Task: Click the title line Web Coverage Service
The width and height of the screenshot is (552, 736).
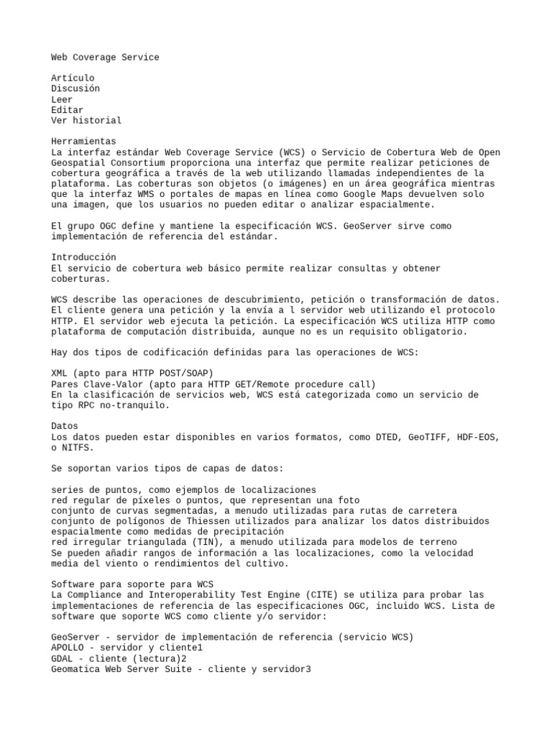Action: pos(105,57)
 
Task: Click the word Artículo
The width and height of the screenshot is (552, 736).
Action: pos(73,78)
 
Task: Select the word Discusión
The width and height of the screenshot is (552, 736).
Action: pos(75,88)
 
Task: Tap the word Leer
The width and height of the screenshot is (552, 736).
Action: pos(62,99)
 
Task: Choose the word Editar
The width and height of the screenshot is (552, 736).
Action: pos(68,110)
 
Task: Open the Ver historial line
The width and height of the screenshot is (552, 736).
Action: pos(86,120)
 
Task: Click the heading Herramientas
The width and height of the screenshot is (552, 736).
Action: pos(83,142)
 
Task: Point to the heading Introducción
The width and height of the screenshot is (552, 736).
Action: pos(83,257)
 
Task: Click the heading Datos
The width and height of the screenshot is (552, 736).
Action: pos(65,426)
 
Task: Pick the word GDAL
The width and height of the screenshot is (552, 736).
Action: pos(62,658)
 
